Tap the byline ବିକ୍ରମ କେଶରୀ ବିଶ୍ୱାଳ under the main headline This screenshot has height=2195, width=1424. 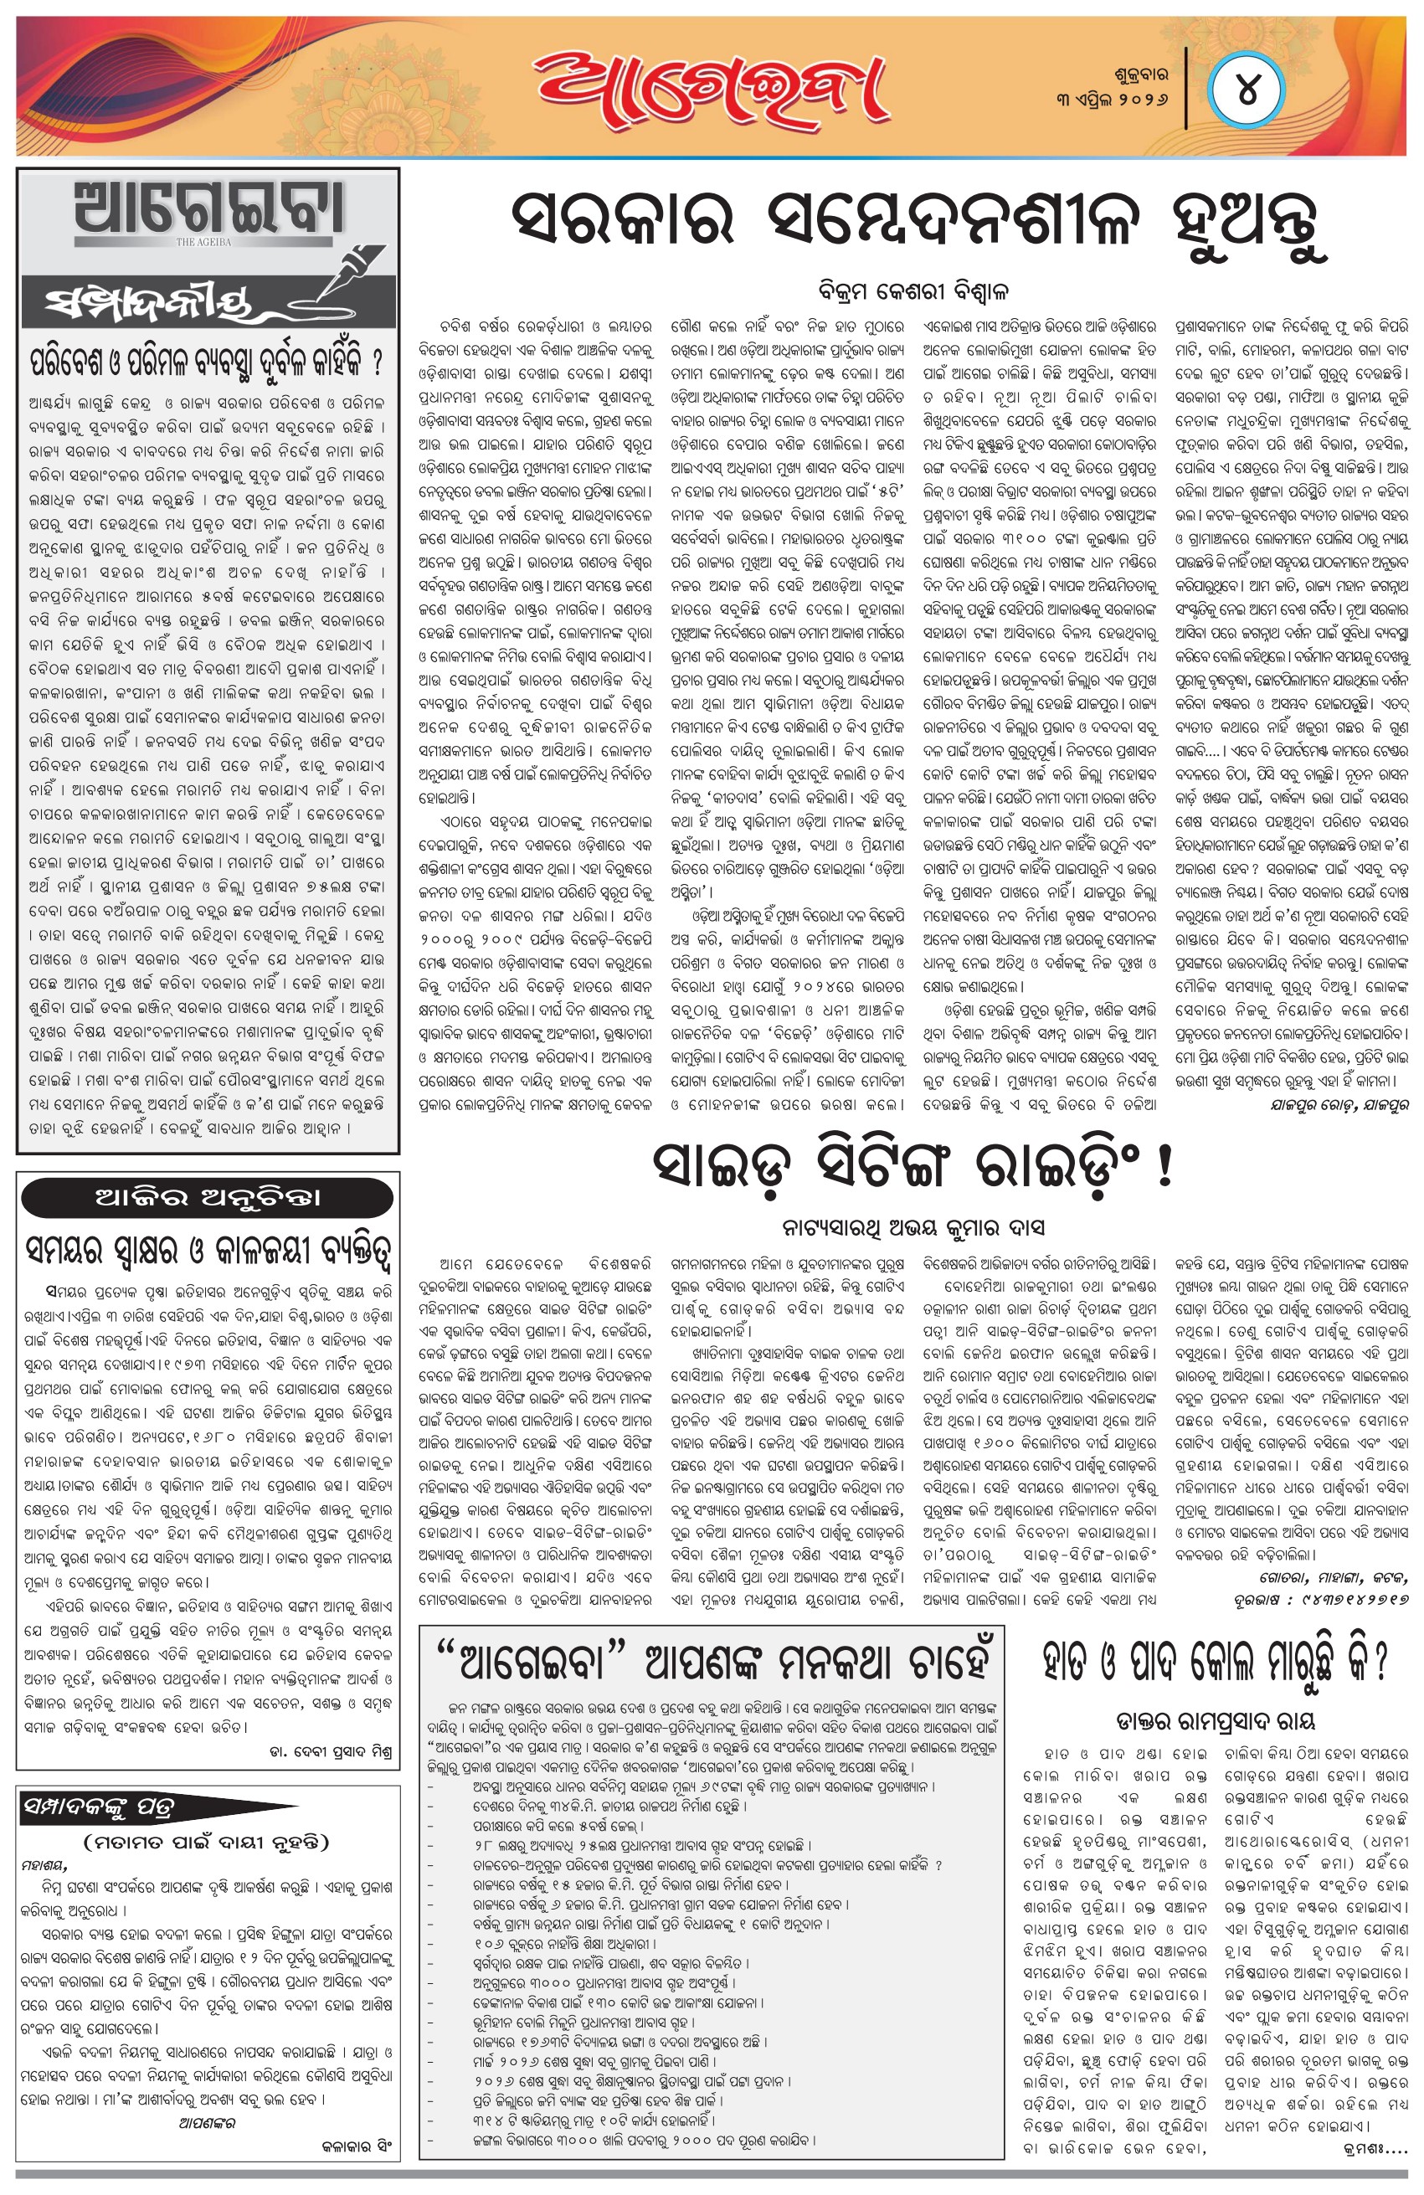click(x=913, y=291)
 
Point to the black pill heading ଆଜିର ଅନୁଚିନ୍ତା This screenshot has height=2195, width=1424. click(x=208, y=1198)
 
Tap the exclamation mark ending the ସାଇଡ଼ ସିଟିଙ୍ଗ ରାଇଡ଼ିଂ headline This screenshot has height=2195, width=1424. click(x=1164, y=1166)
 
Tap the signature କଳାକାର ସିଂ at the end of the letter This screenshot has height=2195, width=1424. click(x=356, y=2146)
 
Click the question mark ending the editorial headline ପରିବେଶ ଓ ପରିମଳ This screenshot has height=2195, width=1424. click(x=378, y=361)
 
